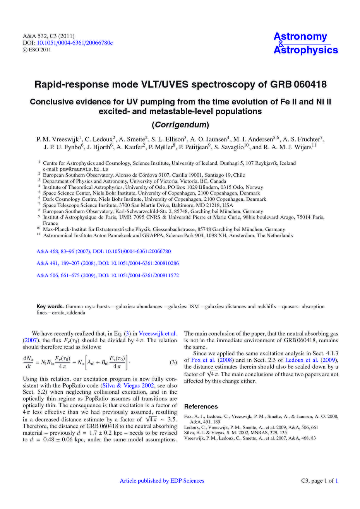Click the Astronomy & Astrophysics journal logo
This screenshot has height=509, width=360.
(x=305, y=43)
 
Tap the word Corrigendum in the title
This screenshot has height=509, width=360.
(x=180, y=125)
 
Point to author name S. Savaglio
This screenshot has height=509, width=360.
(x=230, y=147)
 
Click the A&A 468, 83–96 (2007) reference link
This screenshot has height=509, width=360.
(x=103, y=251)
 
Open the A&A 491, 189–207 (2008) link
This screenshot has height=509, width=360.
(x=108, y=263)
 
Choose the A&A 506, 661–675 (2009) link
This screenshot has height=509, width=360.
(x=108, y=275)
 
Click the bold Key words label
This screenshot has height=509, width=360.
(x=50, y=306)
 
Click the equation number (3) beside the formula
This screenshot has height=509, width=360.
(x=173, y=362)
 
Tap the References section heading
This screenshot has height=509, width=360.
(x=201, y=407)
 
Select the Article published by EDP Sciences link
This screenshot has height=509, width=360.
(x=162, y=481)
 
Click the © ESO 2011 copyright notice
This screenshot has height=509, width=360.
(x=37, y=50)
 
